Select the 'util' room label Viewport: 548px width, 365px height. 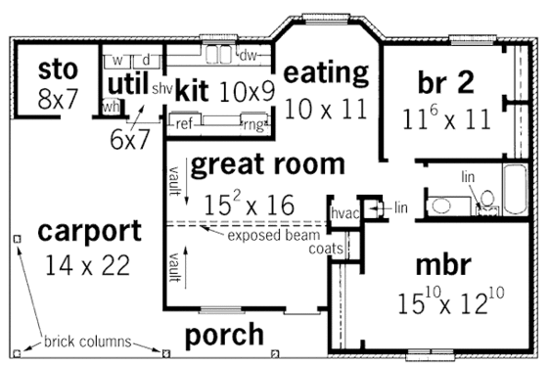(x=125, y=81)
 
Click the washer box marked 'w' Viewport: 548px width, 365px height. (x=116, y=61)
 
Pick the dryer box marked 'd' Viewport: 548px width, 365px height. (x=145, y=61)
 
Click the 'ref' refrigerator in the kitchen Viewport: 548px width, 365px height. (x=183, y=123)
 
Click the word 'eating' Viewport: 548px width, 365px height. (x=326, y=72)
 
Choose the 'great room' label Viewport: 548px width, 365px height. (x=267, y=163)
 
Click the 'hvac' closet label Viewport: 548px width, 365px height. (x=344, y=211)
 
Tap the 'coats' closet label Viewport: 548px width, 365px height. (x=325, y=250)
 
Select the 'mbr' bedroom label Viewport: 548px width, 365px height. (x=442, y=265)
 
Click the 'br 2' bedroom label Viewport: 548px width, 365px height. (x=445, y=80)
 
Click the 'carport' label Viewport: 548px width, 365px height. (x=89, y=232)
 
